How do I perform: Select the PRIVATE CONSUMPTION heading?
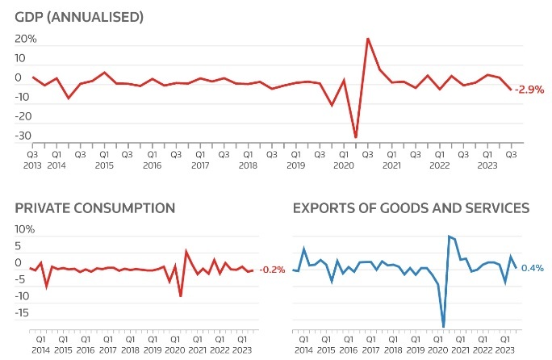(95, 207)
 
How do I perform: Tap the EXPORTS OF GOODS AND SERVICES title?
(410, 207)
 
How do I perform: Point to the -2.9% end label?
(530, 89)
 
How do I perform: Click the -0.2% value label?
(272, 270)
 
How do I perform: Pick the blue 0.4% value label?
(532, 268)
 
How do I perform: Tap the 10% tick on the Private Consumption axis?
(25, 229)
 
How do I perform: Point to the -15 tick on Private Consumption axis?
(23, 312)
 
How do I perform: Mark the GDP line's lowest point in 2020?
(356, 137)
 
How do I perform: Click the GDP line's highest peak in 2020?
(368, 38)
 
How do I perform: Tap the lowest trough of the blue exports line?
(443, 327)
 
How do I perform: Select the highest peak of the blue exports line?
(449, 237)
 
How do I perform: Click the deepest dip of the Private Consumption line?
(181, 296)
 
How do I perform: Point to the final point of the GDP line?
(510, 89)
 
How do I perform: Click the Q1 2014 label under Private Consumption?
(40, 345)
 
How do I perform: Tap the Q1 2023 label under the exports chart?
(505, 345)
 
